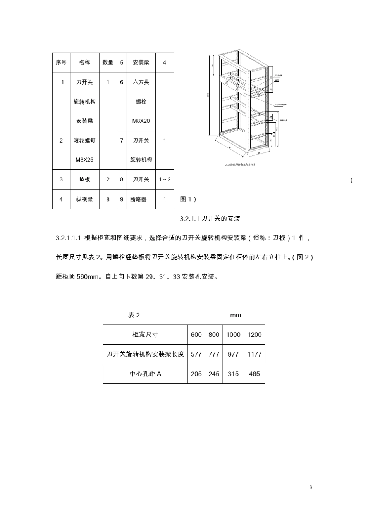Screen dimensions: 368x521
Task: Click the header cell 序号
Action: [x=61, y=62]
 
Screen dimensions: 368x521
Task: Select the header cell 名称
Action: [x=84, y=62]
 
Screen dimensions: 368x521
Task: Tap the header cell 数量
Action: [x=108, y=62]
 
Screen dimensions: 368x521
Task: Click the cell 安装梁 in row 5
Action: [x=141, y=62]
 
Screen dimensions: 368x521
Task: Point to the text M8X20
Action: [x=141, y=121]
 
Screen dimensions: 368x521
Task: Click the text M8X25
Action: [x=84, y=160]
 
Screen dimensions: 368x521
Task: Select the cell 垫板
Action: [x=84, y=179]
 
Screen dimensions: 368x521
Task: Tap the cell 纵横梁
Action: [x=84, y=199]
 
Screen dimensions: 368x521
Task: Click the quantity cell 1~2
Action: [x=165, y=179]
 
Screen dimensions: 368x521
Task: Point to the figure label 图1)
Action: [x=188, y=199]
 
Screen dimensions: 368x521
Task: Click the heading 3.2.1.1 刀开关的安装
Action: [x=210, y=219]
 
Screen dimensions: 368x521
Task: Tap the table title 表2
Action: [x=134, y=315]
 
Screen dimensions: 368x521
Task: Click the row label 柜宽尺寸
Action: [x=145, y=335]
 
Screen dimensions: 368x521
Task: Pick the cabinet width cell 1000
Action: [x=233, y=335]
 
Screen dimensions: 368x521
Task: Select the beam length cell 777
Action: [x=214, y=354]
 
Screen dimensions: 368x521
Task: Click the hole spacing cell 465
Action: [x=255, y=374]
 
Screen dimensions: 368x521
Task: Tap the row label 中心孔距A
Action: [x=145, y=374]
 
